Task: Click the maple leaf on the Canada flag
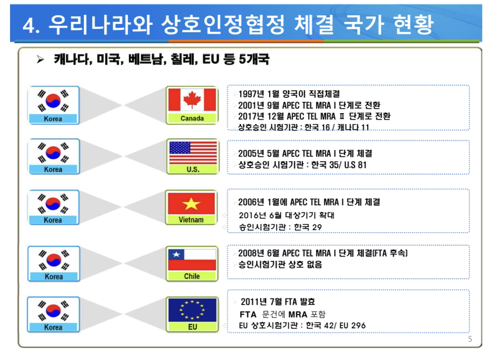click(x=192, y=100)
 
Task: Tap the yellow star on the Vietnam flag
click(x=191, y=204)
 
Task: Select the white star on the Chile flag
click(x=176, y=254)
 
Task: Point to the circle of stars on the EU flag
click(x=192, y=310)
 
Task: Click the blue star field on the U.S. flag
click(x=180, y=148)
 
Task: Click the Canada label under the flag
click(x=192, y=119)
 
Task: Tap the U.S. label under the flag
click(x=193, y=170)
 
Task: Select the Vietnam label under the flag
click(x=191, y=220)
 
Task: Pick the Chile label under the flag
click(x=192, y=276)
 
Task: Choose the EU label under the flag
click(x=192, y=327)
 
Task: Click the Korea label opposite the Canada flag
click(x=53, y=119)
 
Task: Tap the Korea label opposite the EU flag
click(x=53, y=328)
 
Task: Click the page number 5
click(x=470, y=339)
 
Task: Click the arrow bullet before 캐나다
click(x=40, y=60)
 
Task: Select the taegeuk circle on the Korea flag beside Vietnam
click(x=53, y=204)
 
